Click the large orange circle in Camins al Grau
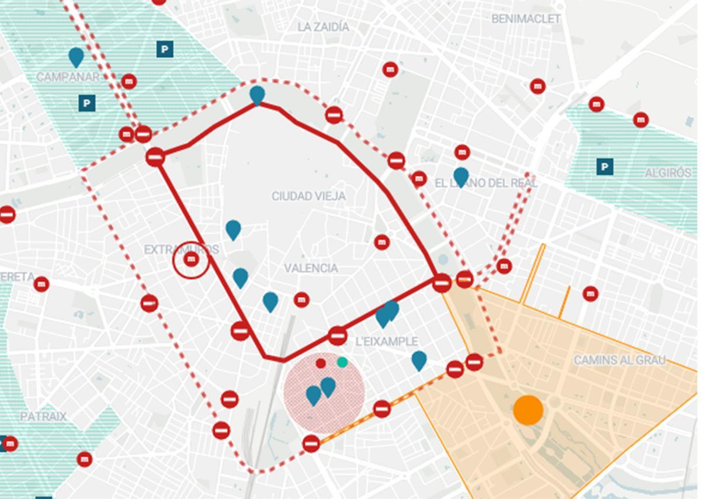[x=528, y=410]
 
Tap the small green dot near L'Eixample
[x=342, y=362]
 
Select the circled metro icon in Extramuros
[x=191, y=259]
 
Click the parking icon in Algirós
[x=605, y=168]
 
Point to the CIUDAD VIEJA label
[x=308, y=196]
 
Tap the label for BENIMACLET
[x=526, y=19]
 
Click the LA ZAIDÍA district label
[x=323, y=27]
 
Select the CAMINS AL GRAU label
[x=619, y=360]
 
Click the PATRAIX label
[x=43, y=417]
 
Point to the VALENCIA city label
[x=311, y=268]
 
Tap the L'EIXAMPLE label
[x=386, y=341]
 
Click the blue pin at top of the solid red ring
[x=257, y=94]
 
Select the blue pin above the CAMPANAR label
[x=76, y=57]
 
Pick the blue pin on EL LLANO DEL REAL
[x=461, y=176]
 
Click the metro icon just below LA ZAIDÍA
[x=390, y=70]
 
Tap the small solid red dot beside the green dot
[x=321, y=363]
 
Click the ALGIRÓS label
[x=668, y=174]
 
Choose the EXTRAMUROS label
[x=181, y=250]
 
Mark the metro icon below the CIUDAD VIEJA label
[x=381, y=242]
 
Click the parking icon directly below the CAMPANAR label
[x=86, y=104]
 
